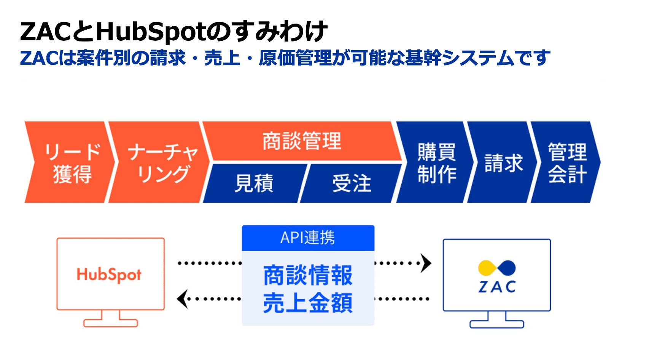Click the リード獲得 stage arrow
[70, 162]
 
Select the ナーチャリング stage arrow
[160, 162]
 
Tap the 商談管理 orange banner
[302, 141]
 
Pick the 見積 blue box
[254, 183]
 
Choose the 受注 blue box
[352, 183]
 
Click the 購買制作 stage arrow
[436, 162]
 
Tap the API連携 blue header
[308, 238]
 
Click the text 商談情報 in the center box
[308, 275]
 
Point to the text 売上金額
[308, 303]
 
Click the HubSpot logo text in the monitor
[109, 275]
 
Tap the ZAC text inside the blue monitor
[497, 287]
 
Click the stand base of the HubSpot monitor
[110, 323]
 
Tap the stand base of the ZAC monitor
[497, 324]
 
